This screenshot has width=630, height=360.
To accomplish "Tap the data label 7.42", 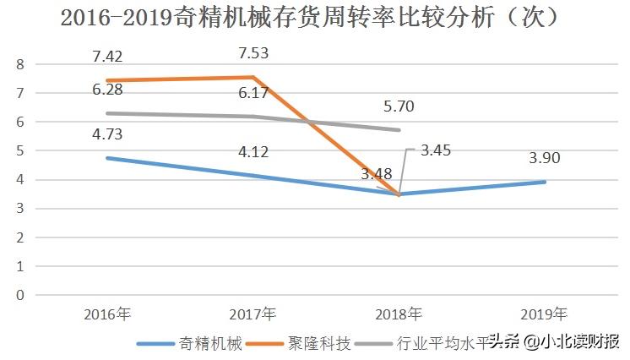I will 109,57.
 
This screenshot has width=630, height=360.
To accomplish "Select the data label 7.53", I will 255,54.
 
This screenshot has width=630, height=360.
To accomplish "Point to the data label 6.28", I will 109,90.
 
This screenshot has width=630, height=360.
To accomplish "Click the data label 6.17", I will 255,92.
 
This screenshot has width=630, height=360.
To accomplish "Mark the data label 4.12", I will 255,152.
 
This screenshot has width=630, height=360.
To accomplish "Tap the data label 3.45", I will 437,150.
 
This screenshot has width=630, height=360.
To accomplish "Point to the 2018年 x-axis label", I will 399,314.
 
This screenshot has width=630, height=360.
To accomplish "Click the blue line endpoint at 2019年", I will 545,182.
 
